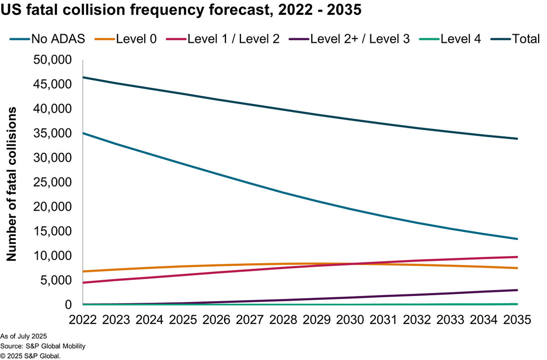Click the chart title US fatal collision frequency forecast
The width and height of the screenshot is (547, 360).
[x=181, y=10]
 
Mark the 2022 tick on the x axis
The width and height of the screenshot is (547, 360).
[x=83, y=319]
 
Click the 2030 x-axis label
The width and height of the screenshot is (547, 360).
[x=350, y=319]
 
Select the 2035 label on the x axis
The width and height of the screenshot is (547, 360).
[x=517, y=319]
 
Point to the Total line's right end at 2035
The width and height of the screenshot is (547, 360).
[x=517, y=139]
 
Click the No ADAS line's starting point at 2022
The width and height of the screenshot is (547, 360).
[x=83, y=133]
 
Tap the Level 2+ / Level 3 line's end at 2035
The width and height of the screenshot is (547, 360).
[x=517, y=290]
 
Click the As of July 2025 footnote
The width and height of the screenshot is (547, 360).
[x=24, y=337]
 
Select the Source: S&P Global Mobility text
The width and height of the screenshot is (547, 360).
[x=43, y=346]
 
